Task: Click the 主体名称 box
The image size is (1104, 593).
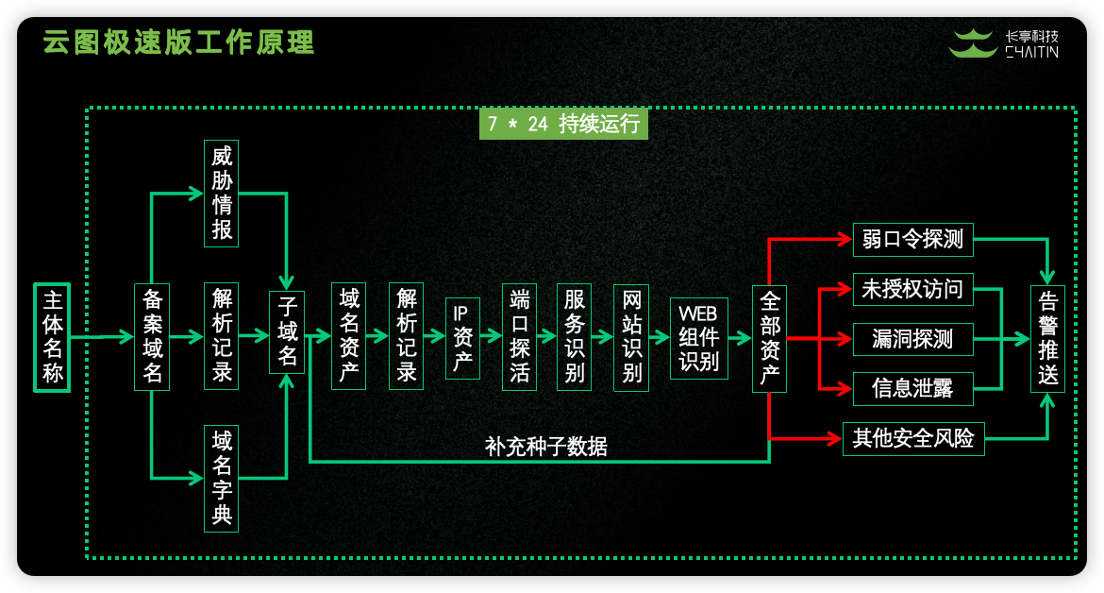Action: tap(53, 337)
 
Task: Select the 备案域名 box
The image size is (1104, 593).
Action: tap(152, 336)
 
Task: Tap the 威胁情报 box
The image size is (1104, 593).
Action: tap(222, 194)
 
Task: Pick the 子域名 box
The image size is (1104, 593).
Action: tap(288, 332)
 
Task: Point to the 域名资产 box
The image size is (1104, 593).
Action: tap(349, 336)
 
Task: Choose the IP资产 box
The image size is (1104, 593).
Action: tap(462, 338)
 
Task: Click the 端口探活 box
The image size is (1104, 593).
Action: tap(519, 336)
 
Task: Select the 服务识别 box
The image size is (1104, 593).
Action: tap(575, 336)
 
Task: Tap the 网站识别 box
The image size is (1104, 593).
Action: tap(631, 336)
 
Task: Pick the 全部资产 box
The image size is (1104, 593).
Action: tap(769, 337)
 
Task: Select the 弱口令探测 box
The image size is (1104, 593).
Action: tap(912, 239)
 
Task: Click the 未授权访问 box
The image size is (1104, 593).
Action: tap(912, 289)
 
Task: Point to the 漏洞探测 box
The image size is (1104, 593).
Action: tap(912, 338)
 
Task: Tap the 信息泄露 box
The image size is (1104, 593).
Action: tap(912, 387)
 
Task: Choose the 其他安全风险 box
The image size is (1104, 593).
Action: tap(912, 438)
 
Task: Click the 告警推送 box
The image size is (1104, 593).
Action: tap(1047, 338)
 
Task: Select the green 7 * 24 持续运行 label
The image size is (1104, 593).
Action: tap(563, 124)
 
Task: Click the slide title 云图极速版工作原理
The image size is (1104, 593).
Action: tap(179, 42)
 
